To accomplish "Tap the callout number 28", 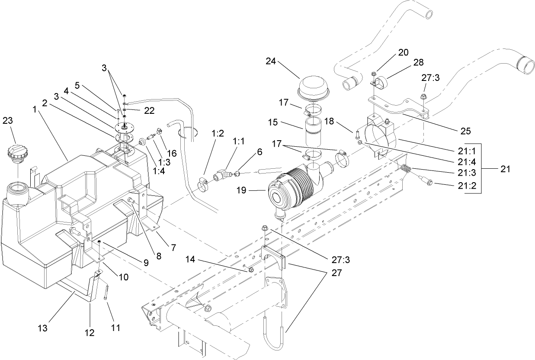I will pos(418,62).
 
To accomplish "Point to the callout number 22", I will pos(149,111).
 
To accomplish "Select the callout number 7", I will pos(173,247).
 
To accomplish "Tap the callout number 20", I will pos(403,52).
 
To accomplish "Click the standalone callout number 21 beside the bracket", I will pos(505,169).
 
